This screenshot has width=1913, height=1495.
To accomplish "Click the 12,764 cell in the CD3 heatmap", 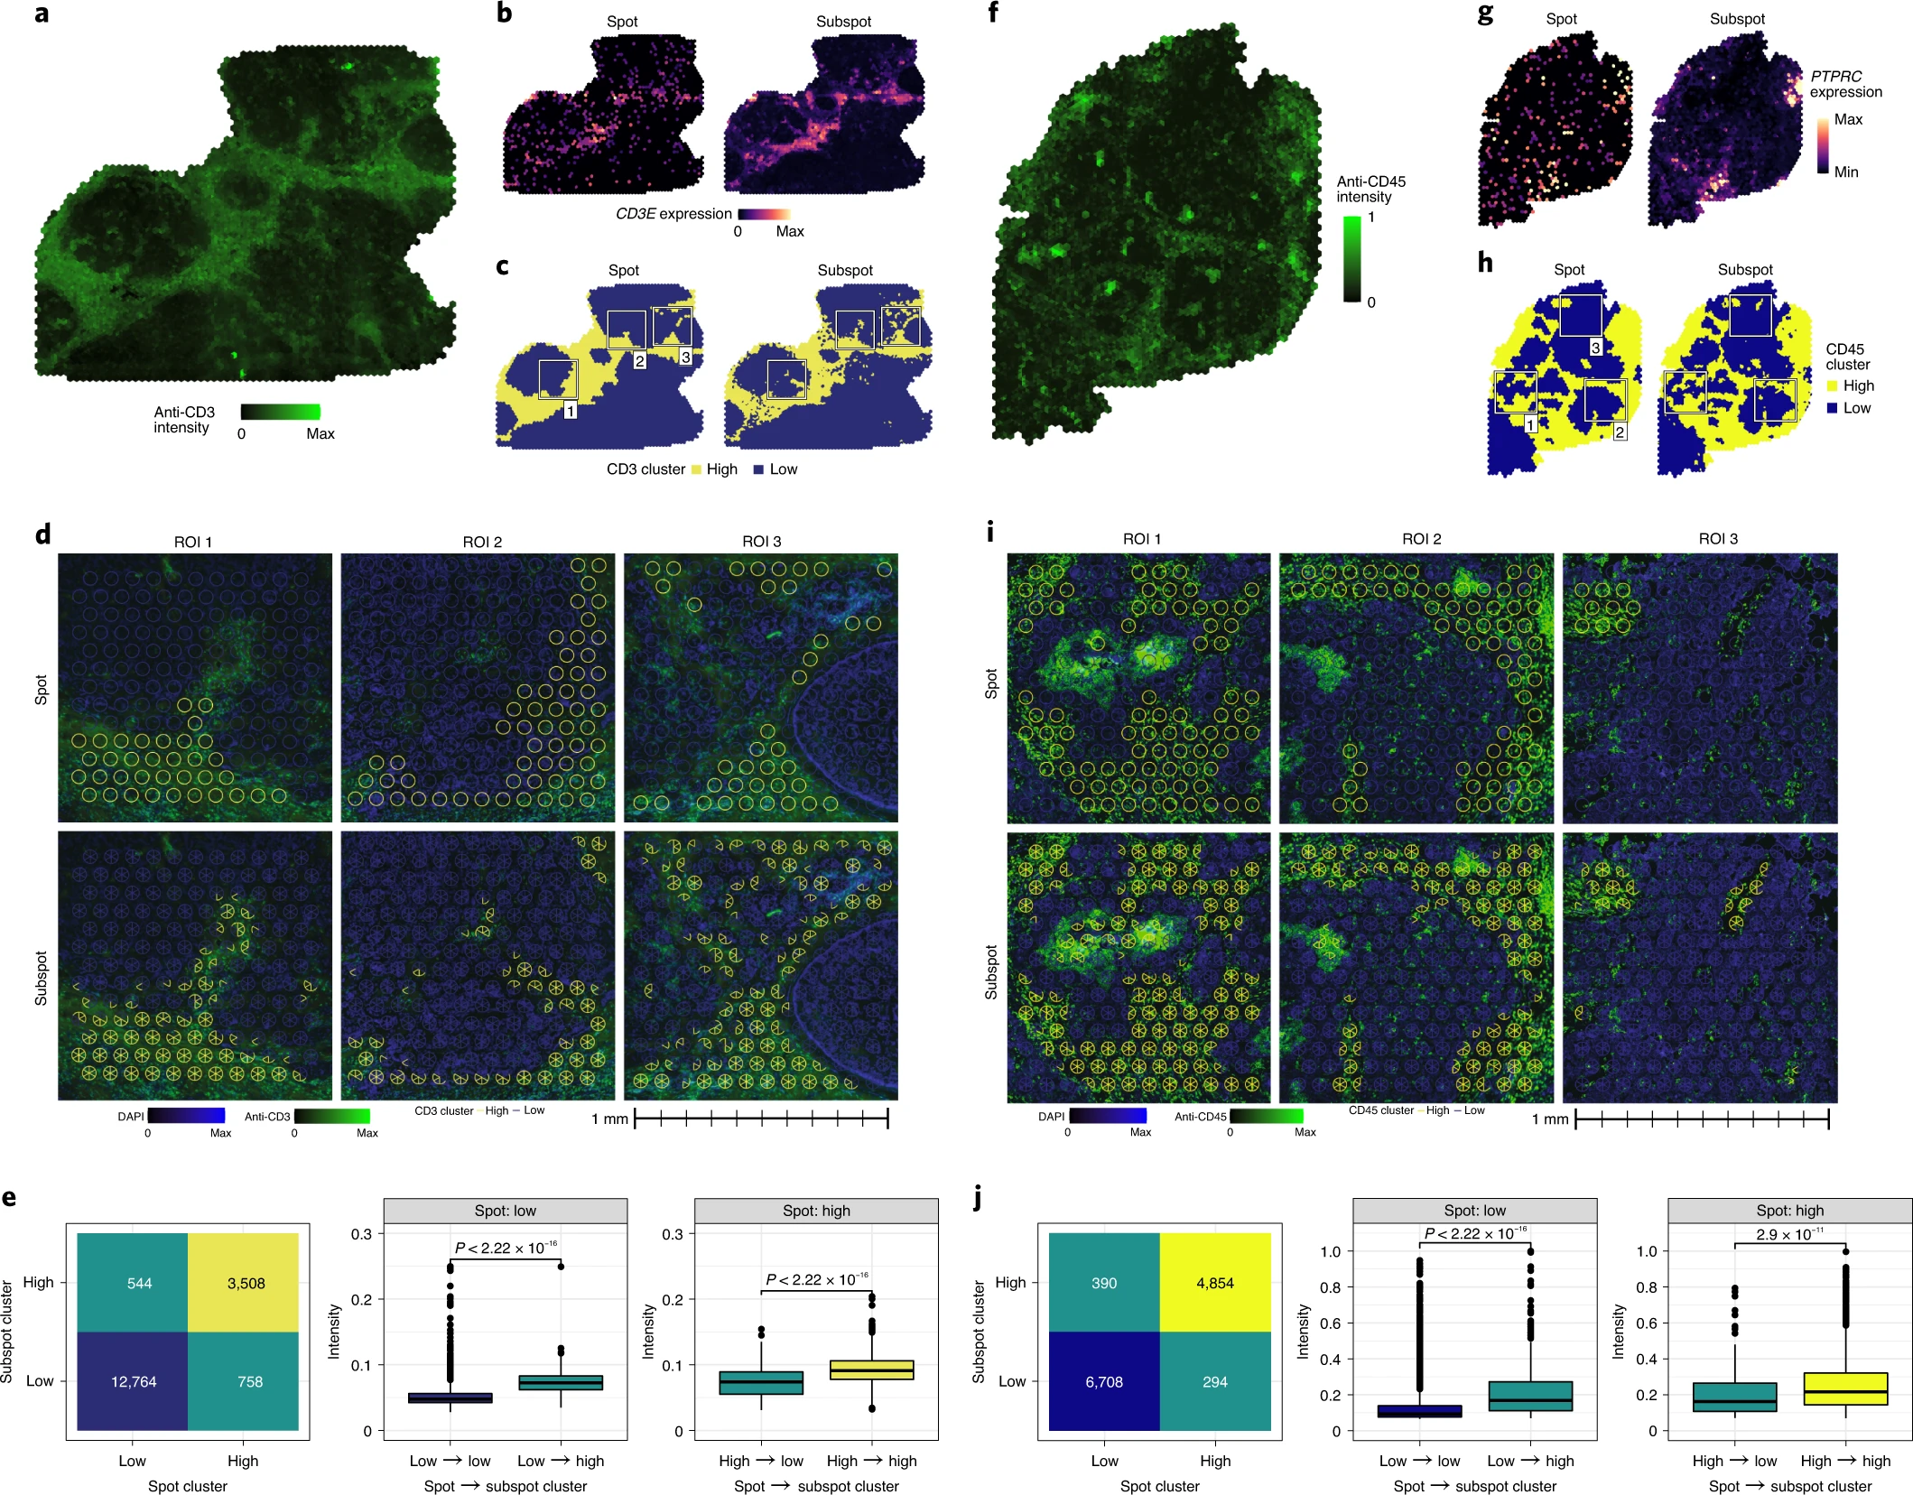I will click(133, 1381).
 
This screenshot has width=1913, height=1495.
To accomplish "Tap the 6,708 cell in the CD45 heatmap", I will click(1103, 1381).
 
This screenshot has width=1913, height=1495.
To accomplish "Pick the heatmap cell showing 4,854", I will click(1214, 1283).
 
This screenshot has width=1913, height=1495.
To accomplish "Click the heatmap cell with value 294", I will click(1214, 1381).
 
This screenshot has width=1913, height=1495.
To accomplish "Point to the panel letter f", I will click(993, 13).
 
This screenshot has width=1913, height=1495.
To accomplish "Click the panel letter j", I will click(978, 1197).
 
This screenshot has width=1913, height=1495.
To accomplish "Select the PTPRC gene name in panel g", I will click(1835, 76).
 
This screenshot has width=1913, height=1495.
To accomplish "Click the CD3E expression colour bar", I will click(764, 214).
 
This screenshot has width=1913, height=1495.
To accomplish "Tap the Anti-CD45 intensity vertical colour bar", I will click(1351, 259).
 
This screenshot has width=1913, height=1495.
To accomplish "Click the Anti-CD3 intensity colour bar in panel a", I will click(280, 412).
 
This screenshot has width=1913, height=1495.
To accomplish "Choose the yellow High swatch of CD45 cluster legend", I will click(1832, 385).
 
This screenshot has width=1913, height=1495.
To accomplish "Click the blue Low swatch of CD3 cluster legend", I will click(758, 469).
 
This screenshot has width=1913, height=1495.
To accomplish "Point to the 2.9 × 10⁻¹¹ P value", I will click(1789, 1234).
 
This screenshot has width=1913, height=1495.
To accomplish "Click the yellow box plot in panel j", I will click(1845, 1388).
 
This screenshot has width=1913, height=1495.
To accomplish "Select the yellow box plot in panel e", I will click(871, 1370).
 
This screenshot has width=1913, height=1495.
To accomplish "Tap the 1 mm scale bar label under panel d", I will click(609, 1119).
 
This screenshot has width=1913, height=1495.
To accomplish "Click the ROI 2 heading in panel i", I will click(1421, 539).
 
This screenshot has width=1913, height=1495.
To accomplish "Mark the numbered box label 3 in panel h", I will click(1595, 348).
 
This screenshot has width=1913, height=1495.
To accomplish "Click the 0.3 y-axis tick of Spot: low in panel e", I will click(361, 1234).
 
